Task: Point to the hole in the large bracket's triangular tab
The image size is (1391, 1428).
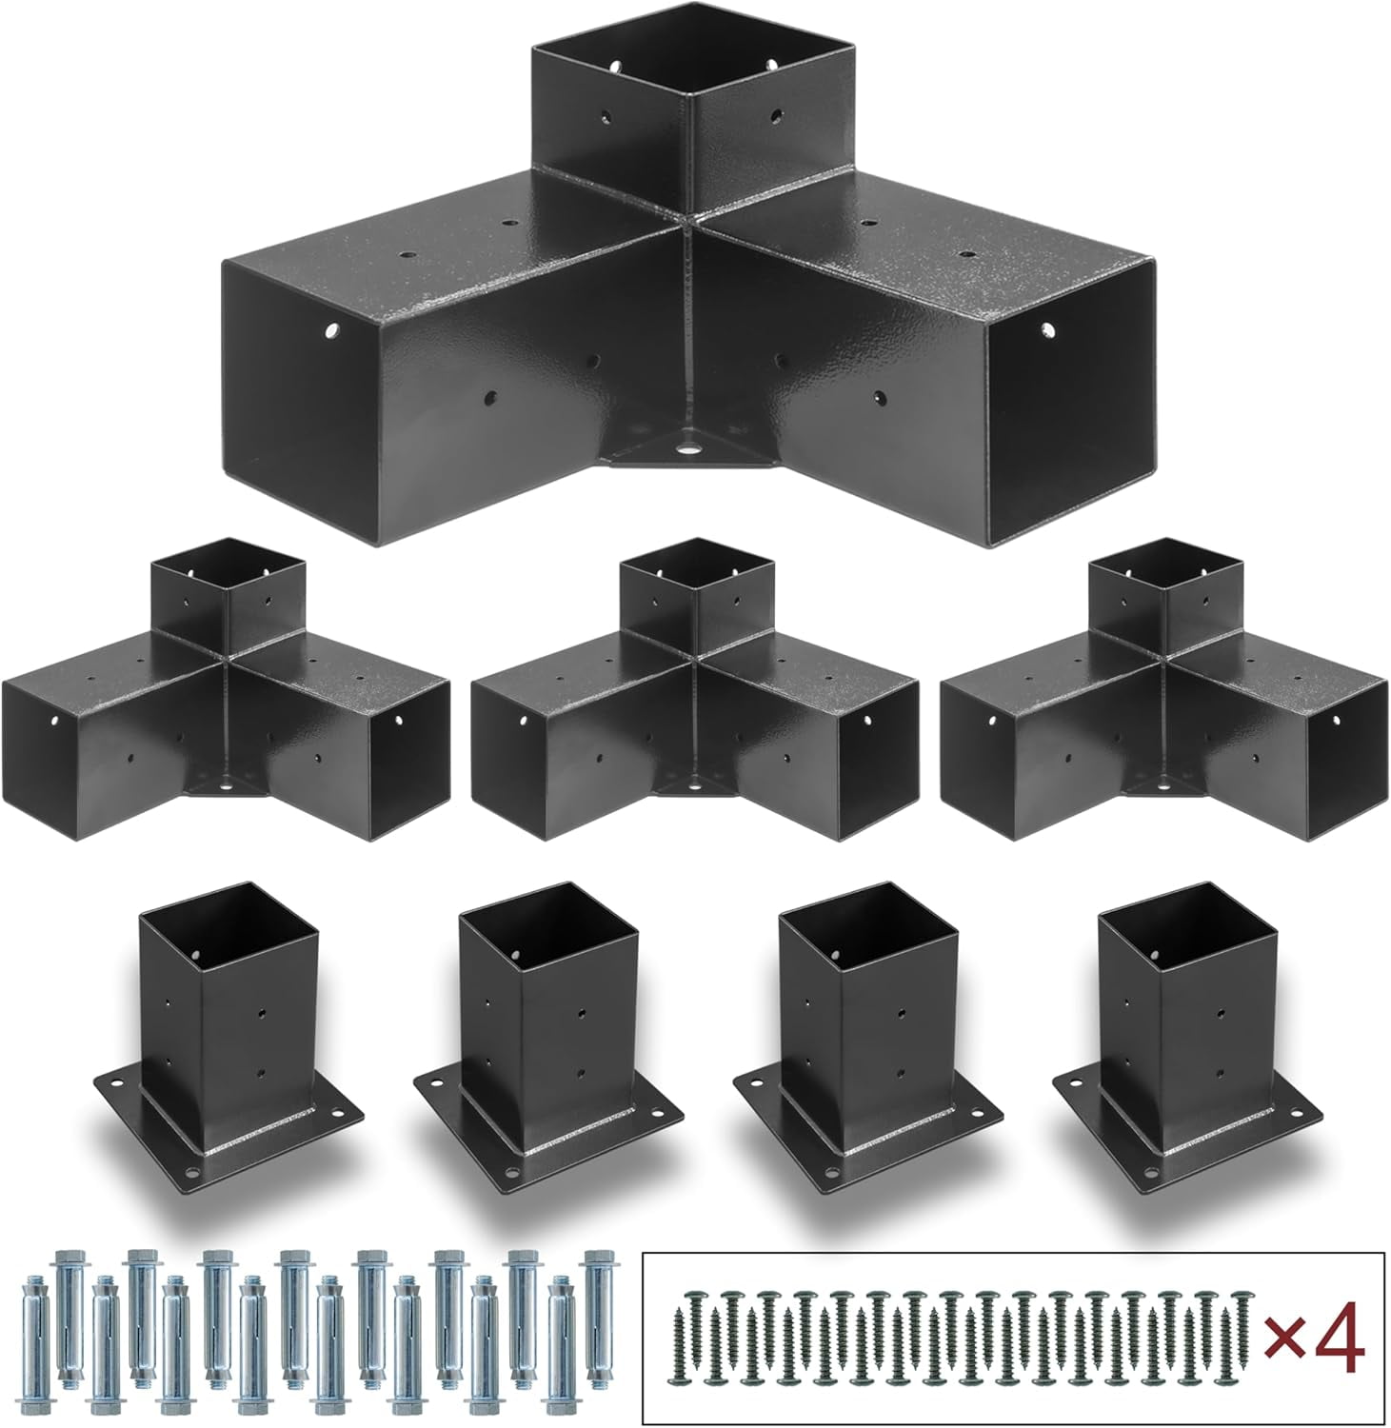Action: coord(685,443)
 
